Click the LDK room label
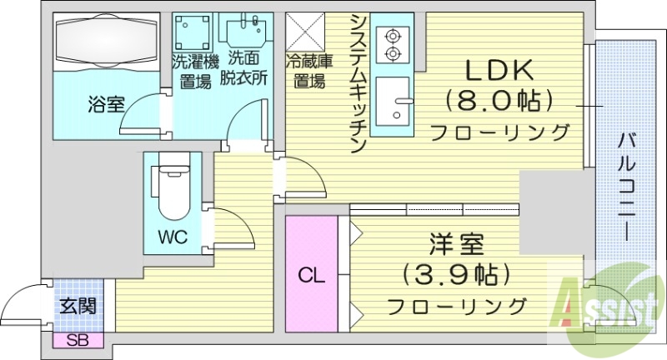[x=498, y=70]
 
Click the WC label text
[x=173, y=237]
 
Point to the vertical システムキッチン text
[x=358, y=83]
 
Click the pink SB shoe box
[x=78, y=339]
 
